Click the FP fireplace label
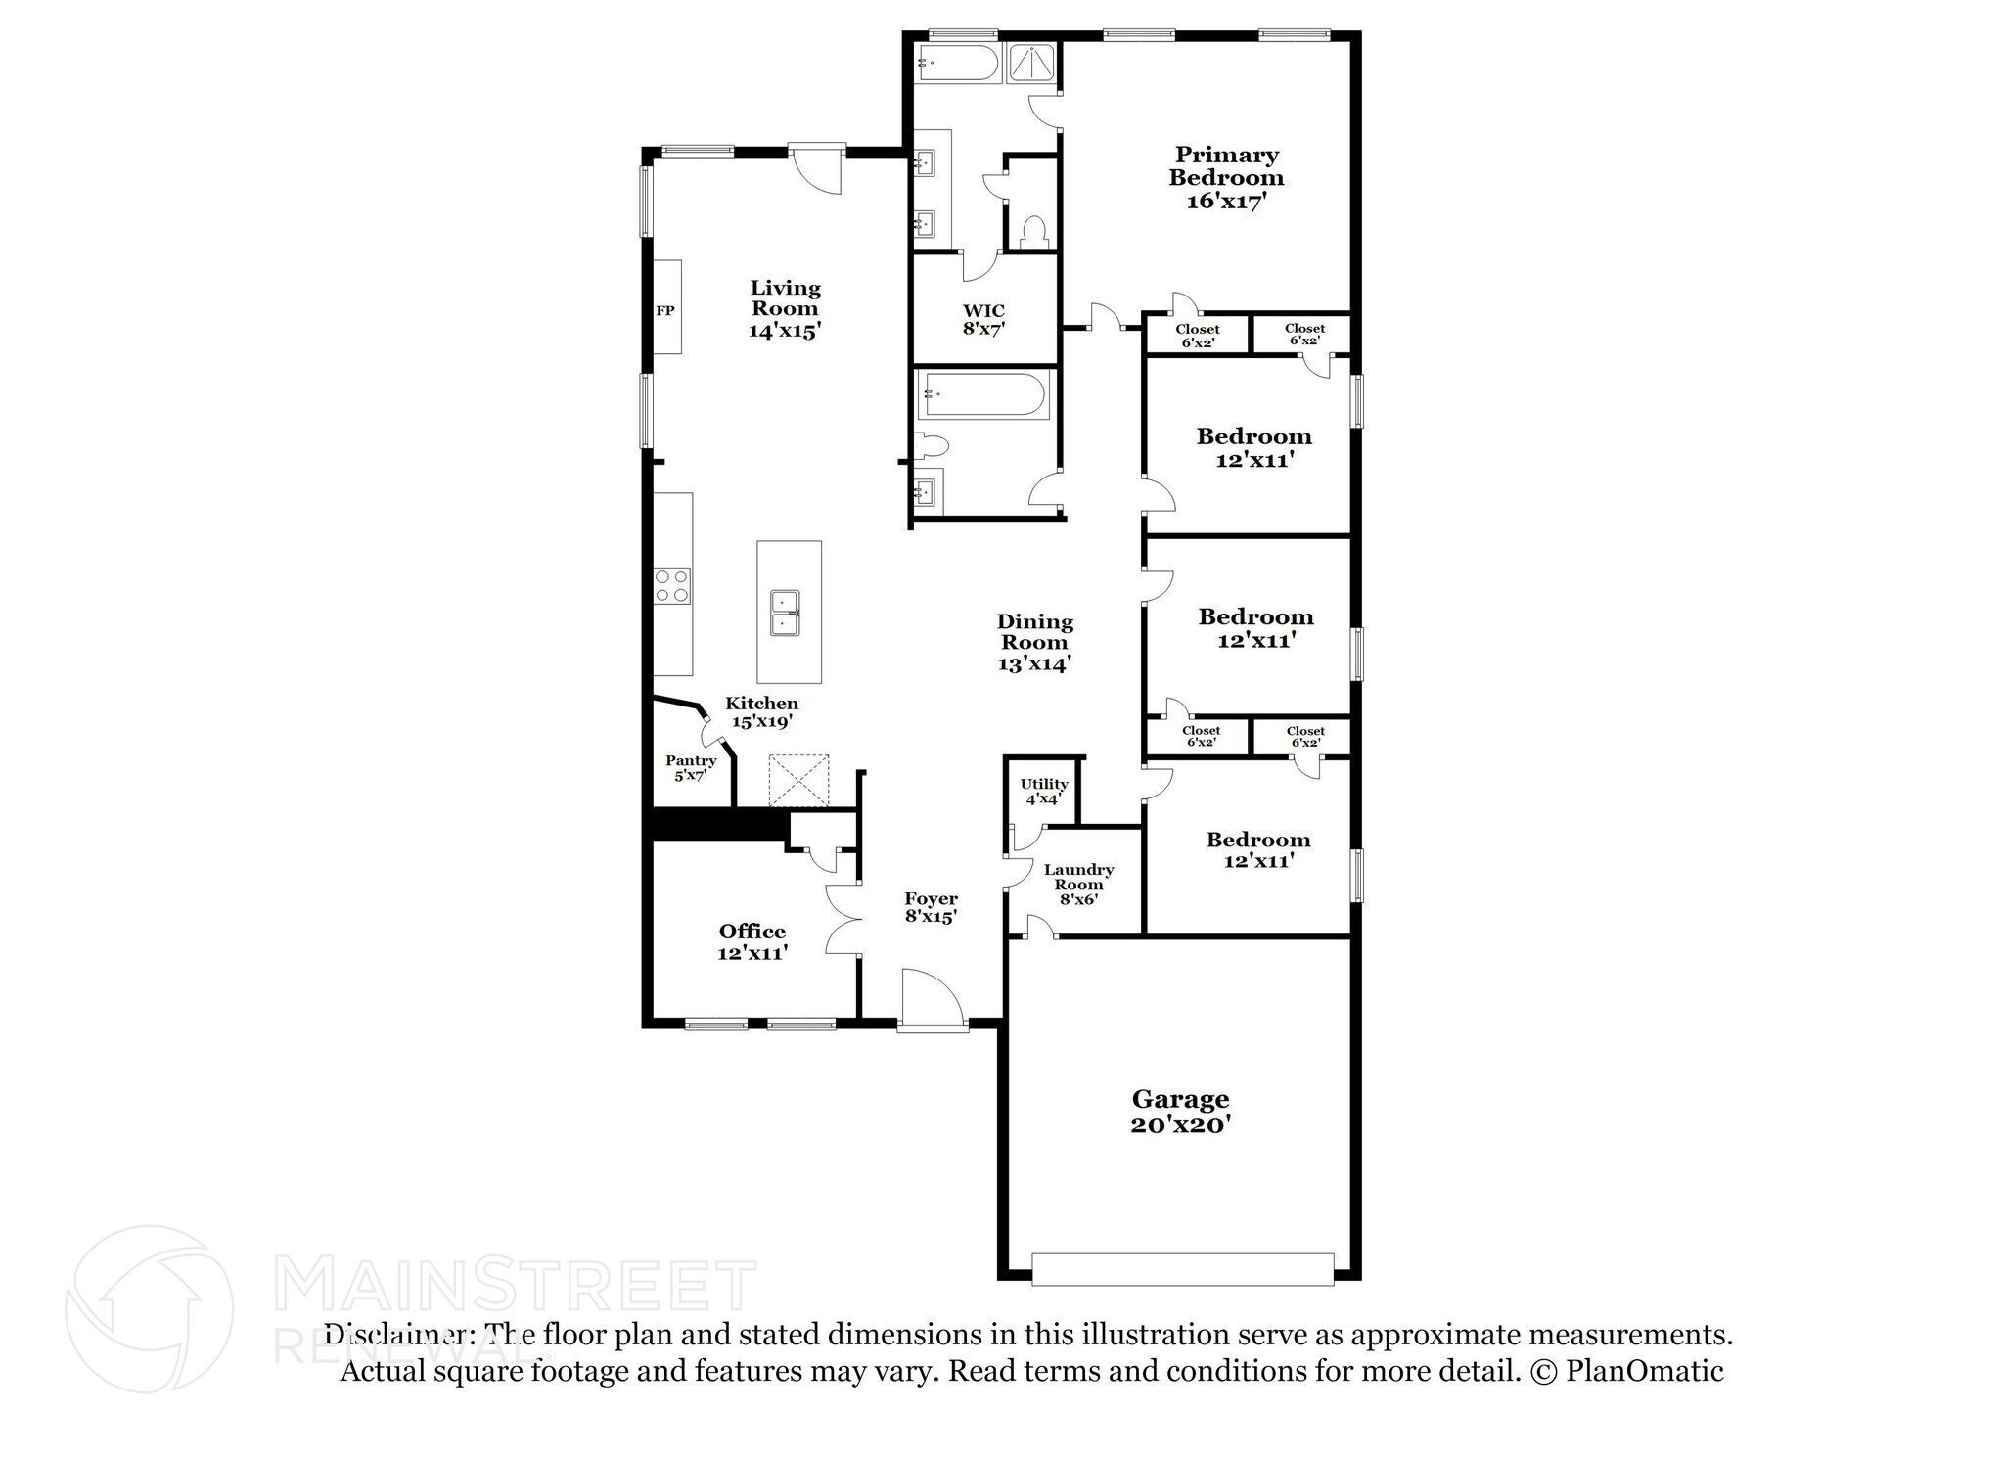(664, 310)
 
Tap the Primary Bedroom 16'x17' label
(1226, 178)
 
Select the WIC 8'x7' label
(983, 320)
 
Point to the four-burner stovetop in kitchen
(672, 585)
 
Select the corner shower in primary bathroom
(1028, 64)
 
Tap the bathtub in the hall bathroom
(982, 395)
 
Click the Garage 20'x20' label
(1180, 1112)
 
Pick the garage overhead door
(1182, 1269)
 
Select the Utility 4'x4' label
(1043, 791)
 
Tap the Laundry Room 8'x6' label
(1077, 884)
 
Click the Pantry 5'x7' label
(691, 767)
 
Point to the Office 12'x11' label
(752, 941)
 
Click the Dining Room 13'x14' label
(1034, 642)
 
